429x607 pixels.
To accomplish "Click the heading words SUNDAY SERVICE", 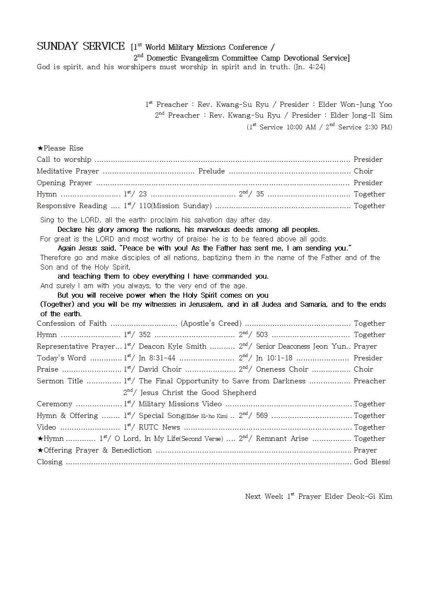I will [x=80, y=46].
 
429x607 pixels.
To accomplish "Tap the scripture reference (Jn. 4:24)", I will [x=309, y=67].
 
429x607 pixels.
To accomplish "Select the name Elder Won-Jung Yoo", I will [x=355, y=104].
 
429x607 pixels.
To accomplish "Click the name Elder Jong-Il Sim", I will [x=361, y=115].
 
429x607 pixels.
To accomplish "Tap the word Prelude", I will [x=211, y=171].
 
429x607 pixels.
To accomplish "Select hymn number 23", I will [x=143, y=194].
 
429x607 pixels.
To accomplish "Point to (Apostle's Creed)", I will [x=211, y=323].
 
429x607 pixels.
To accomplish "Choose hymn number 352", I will [x=144, y=334].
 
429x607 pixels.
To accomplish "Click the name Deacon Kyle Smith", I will [x=173, y=346].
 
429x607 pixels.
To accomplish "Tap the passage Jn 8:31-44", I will [x=157, y=358].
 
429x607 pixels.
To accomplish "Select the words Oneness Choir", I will [x=282, y=369].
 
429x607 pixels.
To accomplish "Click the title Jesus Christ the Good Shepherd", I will [x=198, y=392].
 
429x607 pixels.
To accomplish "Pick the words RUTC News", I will [x=159, y=427].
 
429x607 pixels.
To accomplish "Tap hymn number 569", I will [x=262, y=415].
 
